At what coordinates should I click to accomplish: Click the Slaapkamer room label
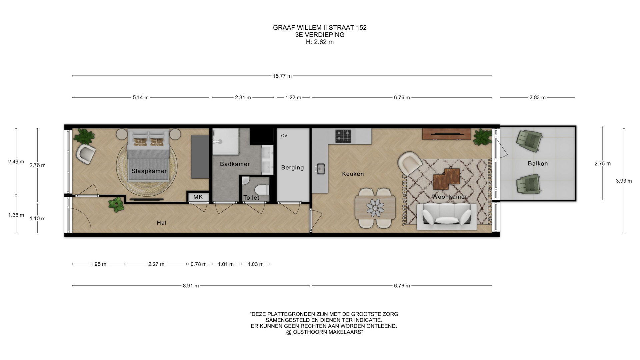click(149, 171)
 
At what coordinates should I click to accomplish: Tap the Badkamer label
click(235, 164)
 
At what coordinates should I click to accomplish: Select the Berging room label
click(292, 168)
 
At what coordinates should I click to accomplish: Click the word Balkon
click(538, 163)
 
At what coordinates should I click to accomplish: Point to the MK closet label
click(198, 197)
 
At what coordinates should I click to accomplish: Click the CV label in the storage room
click(284, 136)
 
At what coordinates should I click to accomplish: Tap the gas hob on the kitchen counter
click(343, 136)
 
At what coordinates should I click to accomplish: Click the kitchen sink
click(321, 169)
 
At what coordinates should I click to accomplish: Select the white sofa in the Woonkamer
click(447, 216)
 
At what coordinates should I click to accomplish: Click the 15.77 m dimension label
click(282, 76)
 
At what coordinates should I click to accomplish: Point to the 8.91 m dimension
click(191, 286)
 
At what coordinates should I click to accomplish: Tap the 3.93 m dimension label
click(624, 181)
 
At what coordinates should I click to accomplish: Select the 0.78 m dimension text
click(199, 264)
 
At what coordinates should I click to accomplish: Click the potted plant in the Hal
click(116, 204)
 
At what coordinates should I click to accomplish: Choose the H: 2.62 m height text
click(320, 42)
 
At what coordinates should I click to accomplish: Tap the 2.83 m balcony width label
click(537, 98)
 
